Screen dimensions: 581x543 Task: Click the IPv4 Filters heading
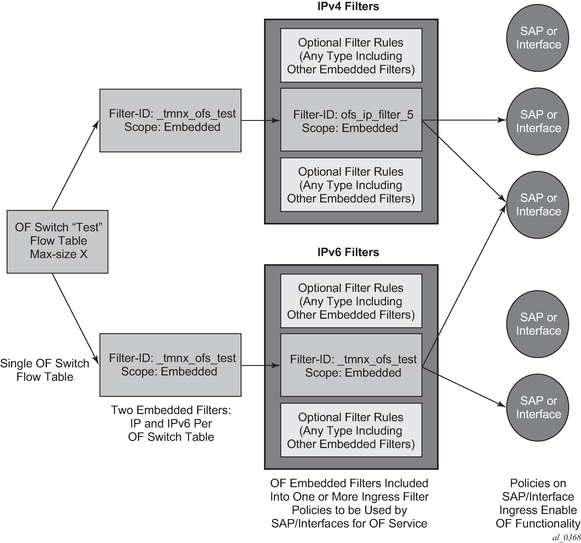click(x=348, y=6)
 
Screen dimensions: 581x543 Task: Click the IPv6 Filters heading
click(x=348, y=252)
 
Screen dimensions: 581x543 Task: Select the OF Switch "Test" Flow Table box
click(x=58, y=242)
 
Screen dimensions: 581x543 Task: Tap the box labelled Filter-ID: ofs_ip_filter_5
click(x=351, y=120)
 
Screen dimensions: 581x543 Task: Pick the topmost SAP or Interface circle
click(x=538, y=38)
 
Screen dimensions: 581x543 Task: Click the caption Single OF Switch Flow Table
click(x=45, y=370)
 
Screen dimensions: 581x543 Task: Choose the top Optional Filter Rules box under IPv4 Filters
click(x=351, y=55)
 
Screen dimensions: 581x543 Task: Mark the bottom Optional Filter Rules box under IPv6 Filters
click(x=351, y=430)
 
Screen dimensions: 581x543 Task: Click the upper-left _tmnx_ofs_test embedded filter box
click(x=170, y=120)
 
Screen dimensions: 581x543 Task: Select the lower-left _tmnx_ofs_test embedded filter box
click(x=170, y=365)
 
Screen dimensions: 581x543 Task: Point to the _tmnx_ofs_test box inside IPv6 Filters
click(x=351, y=365)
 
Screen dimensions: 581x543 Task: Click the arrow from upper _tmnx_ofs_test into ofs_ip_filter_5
click(x=261, y=120)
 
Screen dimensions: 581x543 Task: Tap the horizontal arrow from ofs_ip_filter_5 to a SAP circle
click(x=464, y=120)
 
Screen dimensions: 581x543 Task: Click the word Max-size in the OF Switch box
click(x=53, y=254)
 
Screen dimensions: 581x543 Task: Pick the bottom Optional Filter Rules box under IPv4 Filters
click(x=351, y=185)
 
